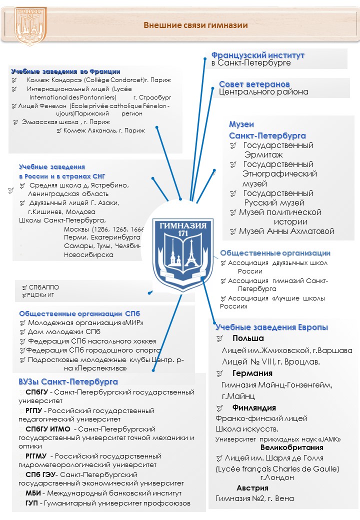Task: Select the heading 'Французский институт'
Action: click(x=257, y=54)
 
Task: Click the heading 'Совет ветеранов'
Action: click(x=254, y=83)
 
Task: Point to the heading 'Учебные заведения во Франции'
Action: click(x=65, y=71)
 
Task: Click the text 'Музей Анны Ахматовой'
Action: click(x=286, y=231)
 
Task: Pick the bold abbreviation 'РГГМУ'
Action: click(x=36, y=456)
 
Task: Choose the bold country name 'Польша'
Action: click(x=248, y=339)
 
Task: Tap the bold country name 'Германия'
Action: click(x=252, y=373)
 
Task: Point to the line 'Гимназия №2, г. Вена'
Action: click(x=254, y=498)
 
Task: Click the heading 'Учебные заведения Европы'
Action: click(x=271, y=327)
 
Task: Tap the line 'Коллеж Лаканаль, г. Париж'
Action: click(x=104, y=130)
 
